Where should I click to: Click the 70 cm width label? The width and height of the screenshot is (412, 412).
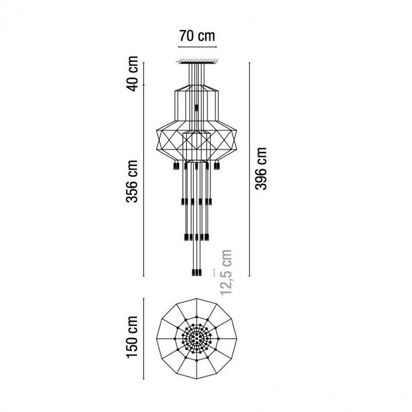tap(196, 36)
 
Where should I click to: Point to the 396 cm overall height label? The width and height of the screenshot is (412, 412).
tap(262, 168)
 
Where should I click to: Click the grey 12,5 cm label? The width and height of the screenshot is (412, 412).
tap(226, 271)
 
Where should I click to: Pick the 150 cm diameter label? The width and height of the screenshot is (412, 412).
tap(133, 337)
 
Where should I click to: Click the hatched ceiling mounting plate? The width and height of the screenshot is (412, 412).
tap(196, 62)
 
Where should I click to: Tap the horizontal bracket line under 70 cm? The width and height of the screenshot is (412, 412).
tap(196, 47)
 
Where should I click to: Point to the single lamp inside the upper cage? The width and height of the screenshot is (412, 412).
tap(196, 108)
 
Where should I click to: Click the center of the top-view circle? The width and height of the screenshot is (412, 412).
tap(196, 338)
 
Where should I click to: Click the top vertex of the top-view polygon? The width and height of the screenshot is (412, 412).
tap(196, 300)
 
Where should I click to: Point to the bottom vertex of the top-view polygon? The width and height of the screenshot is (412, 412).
tap(196, 376)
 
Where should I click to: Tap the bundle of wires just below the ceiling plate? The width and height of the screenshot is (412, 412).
tap(196, 72)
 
